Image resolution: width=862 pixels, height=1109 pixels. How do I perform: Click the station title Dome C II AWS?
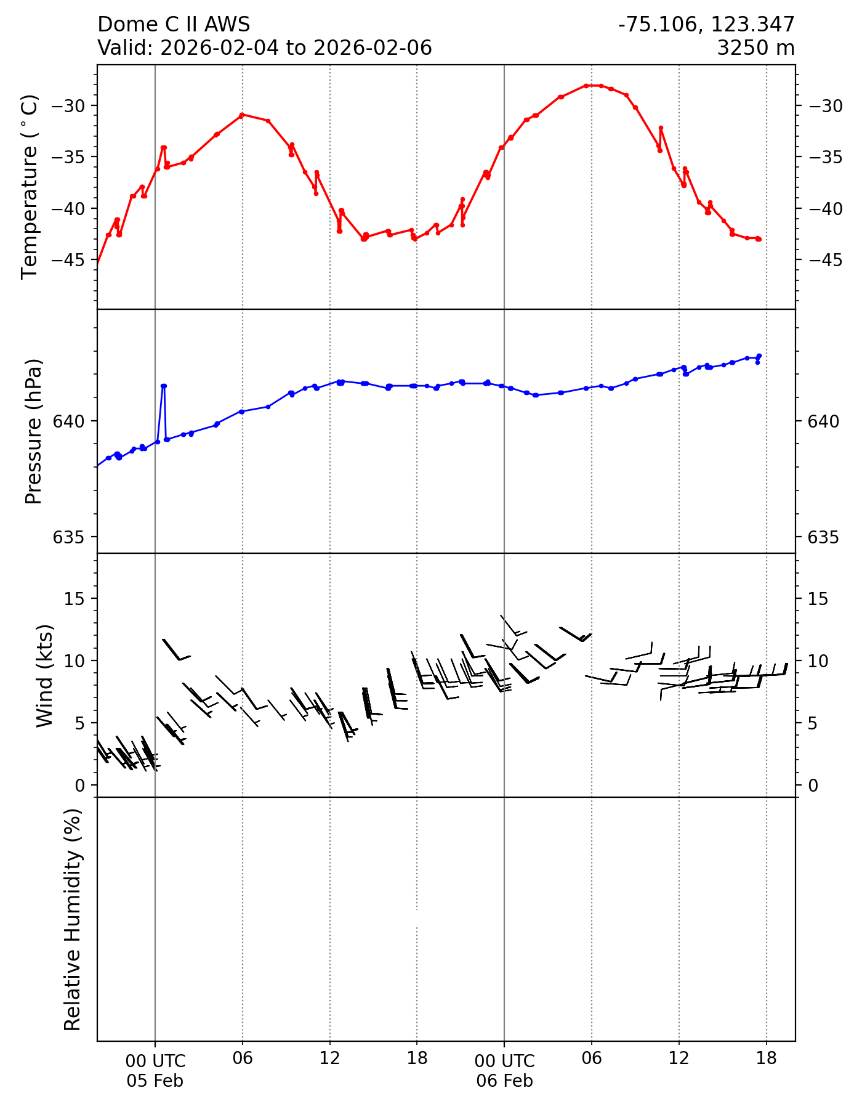coord(174,25)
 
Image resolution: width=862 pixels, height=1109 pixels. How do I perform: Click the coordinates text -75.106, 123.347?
coord(706,25)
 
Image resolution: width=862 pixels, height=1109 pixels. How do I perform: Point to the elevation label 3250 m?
coord(755,47)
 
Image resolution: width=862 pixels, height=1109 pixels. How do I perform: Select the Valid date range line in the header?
coord(265,47)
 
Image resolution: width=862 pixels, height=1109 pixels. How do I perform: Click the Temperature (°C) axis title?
coord(30,187)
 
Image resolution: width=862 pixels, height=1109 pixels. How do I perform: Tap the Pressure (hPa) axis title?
coord(34,431)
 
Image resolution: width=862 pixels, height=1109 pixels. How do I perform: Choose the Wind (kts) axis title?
coord(44,675)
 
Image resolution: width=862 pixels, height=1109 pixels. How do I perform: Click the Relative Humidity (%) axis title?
coord(73,920)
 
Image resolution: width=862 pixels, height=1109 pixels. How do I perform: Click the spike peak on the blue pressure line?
coord(164,386)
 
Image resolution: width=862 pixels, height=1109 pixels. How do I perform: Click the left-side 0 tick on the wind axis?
coord(80,786)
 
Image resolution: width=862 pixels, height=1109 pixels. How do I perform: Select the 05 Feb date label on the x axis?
coord(155,1081)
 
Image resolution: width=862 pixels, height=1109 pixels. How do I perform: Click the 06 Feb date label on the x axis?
coord(504,1081)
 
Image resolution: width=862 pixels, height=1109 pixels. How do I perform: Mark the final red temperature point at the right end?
coord(759,239)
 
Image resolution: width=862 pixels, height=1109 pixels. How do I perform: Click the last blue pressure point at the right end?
coord(759,356)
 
